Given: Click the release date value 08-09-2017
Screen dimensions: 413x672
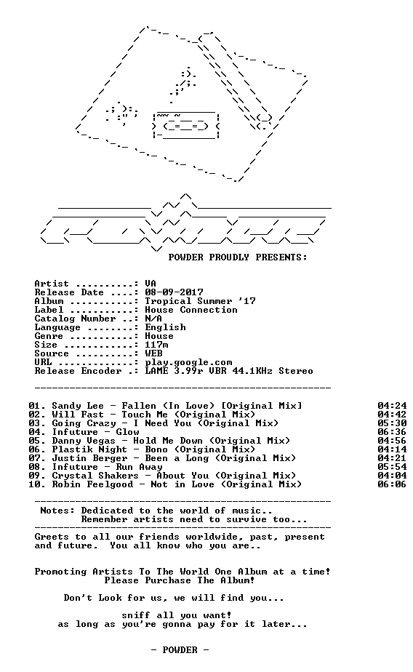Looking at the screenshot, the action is coord(174,292).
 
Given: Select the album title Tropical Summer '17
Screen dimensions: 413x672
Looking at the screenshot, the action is coord(200,301).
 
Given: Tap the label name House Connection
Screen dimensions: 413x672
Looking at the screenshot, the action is coord(191,310).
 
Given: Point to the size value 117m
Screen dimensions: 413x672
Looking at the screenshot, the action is coord(156,345).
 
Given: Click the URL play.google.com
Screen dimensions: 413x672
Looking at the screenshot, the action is coord(188,363).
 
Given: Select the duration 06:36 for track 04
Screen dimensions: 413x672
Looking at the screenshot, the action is coord(392,432).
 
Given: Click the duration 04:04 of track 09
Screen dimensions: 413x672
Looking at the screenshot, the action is coord(392,476).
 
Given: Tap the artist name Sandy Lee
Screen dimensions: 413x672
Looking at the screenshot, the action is coord(78,406).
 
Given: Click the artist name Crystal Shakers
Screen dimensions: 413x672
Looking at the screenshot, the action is coord(95,476).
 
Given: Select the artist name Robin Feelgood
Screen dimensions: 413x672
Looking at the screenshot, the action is coord(92,484).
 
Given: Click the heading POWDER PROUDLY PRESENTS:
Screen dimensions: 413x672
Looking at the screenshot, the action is coord(238,257).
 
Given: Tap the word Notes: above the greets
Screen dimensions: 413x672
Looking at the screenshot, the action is coord(57,511).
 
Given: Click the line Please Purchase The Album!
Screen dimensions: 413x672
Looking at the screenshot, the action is coord(180,580).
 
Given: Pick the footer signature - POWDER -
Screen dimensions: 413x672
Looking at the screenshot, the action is coord(180,650).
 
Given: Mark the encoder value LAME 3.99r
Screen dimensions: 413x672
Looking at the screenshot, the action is coord(174,371).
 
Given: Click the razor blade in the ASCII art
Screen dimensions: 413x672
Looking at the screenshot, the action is coord(186,126).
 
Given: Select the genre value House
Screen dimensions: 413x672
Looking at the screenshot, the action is coord(159,336).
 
